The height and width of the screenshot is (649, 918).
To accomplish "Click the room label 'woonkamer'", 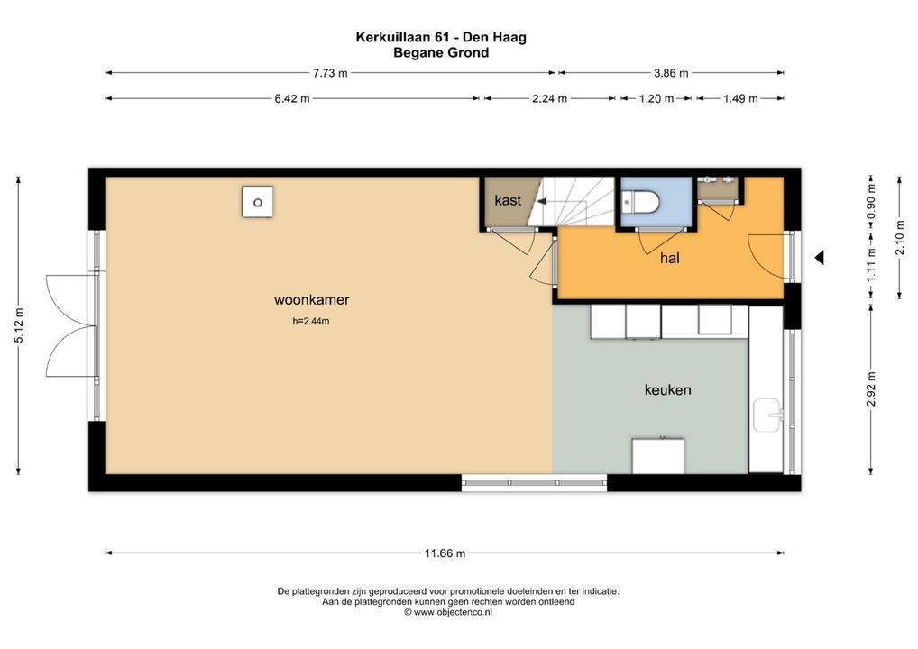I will point(311,300).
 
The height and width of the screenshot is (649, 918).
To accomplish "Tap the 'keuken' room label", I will point(667,389).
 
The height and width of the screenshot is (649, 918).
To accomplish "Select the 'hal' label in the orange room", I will point(669,259).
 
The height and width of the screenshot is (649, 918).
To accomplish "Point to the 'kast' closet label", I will point(508,200).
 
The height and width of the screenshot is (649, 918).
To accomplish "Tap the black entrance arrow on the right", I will point(819,258).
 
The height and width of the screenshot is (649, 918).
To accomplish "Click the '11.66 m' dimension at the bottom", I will point(444,553).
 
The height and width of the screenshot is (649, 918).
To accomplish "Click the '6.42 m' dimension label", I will point(292,99).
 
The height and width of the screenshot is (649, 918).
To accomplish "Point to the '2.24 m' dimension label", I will point(548,99).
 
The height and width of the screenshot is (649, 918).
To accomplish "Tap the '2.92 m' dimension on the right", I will point(871,388).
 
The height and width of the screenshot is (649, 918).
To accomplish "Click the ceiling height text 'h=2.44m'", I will point(311,321).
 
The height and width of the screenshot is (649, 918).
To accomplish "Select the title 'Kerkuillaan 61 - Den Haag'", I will point(441,38).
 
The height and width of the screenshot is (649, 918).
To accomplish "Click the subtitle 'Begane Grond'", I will point(441,53).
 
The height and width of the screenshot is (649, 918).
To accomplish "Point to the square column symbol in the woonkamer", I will point(257,201).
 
